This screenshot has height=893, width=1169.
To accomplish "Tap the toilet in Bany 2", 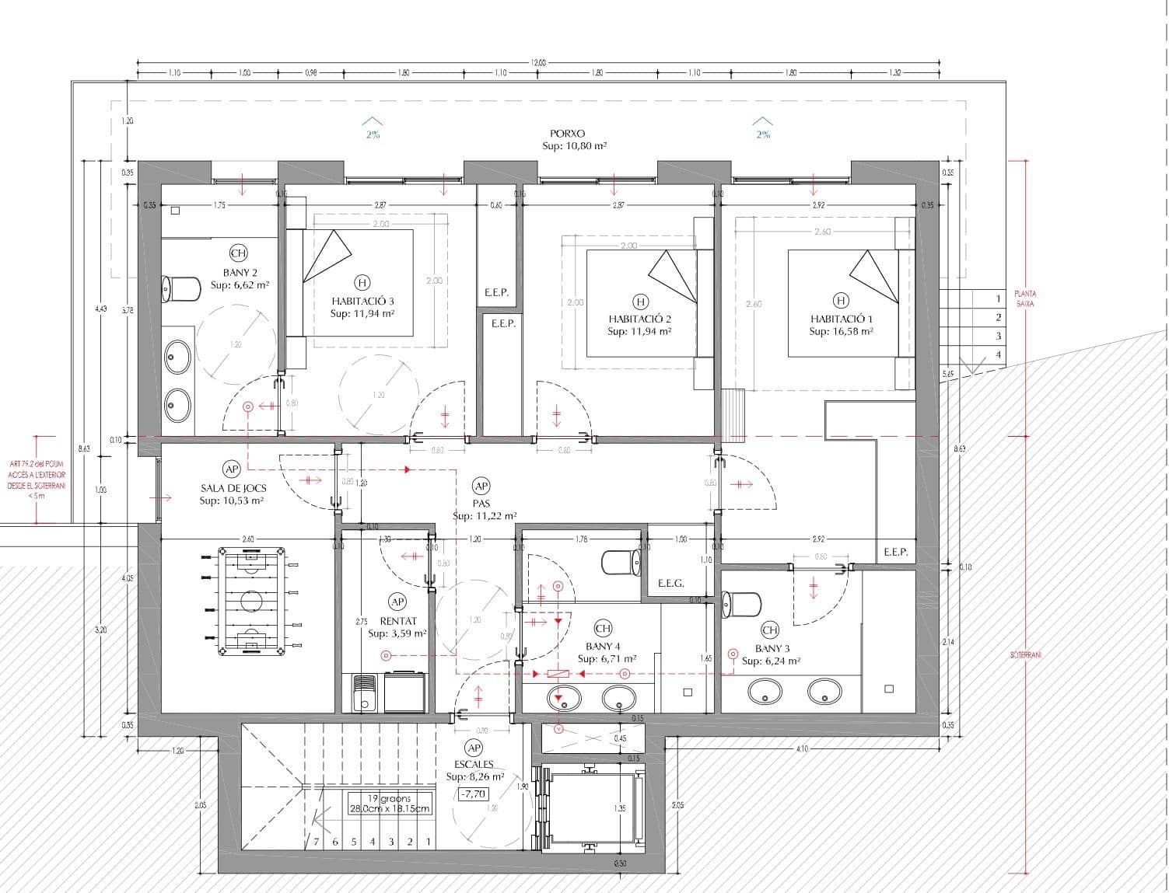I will tap(177, 289).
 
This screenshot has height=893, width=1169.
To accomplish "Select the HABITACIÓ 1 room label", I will tap(841, 319).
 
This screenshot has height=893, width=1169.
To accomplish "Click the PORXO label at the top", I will tap(567, 134).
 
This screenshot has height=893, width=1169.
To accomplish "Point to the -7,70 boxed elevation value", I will tap(473, 794).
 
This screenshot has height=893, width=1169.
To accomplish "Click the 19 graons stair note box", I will tap(389, 803).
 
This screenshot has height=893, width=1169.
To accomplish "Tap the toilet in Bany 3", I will tap(741, 604).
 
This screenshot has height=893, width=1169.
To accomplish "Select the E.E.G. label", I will tap(670, 583).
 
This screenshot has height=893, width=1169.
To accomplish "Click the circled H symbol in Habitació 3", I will tap(362, 283).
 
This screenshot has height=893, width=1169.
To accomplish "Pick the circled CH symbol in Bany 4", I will tap(603, 628).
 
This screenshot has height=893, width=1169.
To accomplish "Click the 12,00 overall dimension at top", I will tap(538, 63).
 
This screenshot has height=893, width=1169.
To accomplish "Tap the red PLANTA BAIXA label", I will tap(1025, 298).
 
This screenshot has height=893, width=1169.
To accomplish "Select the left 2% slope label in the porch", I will tap(373, 134).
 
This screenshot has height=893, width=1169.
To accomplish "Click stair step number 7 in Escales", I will tap(317, 842).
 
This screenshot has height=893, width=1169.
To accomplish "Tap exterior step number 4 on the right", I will tap(999, 355).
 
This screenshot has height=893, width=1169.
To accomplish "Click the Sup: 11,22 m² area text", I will tap(485, 516).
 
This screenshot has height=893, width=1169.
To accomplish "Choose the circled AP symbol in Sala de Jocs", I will tap(231, 469).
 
